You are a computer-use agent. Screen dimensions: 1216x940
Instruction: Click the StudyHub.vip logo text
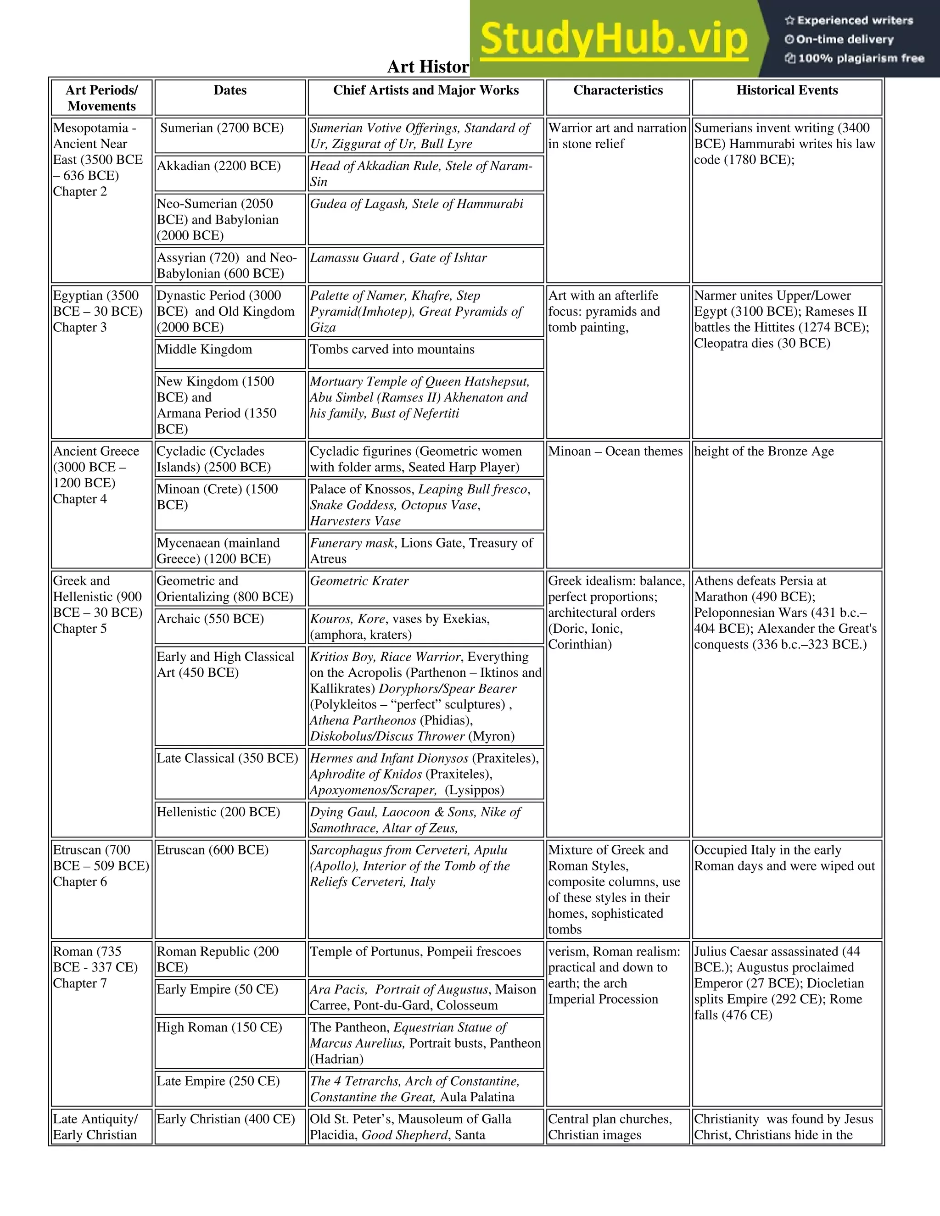pyautogui.click(x=613, y=39)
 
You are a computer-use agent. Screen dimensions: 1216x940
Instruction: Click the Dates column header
pyautogui.click(x=230, y=91)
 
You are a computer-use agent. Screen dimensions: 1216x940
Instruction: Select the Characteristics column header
pyautogui.click(x=618, y=91)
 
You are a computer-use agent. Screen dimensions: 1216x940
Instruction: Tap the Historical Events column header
pyautogui.click(x=786, y=91)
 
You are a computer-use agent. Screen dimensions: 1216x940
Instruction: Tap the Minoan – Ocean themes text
pyautogui.click(x=615, y=452)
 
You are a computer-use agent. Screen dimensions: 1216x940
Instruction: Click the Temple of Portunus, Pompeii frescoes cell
pyautogui.click(x=415, y=952)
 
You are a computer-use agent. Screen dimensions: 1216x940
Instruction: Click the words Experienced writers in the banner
pyautogui.click(x=855, y=21)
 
